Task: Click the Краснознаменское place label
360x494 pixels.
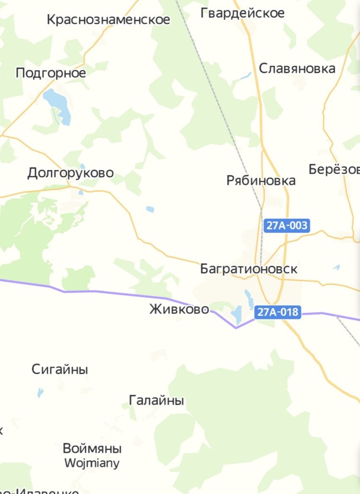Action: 108,19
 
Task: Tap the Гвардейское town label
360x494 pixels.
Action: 242,13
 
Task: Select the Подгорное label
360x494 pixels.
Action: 51,73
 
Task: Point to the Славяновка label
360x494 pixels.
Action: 297,68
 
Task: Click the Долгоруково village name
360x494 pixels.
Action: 71,173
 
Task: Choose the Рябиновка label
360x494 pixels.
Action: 261,180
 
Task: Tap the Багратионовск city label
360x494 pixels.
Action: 249,269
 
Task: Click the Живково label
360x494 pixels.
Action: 179,309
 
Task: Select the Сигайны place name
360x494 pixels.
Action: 60,370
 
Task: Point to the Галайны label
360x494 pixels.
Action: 156,400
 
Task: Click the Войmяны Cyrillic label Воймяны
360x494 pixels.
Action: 92,448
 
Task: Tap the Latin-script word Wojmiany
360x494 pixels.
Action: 92,463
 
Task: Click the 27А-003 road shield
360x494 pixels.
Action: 287,225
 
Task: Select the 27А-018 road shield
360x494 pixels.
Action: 277,312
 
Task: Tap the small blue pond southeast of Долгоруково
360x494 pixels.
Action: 150,209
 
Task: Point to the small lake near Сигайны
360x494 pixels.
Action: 40,392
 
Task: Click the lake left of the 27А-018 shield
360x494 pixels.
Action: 236,314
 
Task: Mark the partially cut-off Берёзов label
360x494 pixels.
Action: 335,169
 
